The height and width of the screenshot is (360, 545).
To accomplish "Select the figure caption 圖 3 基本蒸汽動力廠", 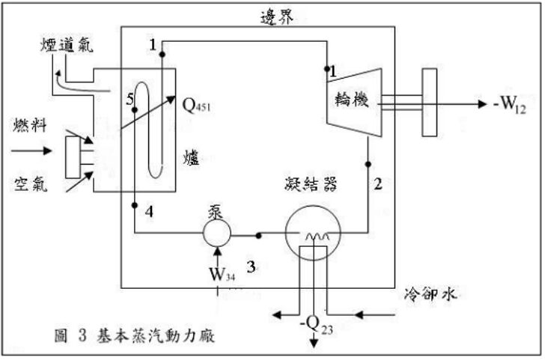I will tap(143, 336).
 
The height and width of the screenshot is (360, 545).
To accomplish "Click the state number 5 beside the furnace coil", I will tap(130, 98).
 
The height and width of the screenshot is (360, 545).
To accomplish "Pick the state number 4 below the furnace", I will tap(150, 212).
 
